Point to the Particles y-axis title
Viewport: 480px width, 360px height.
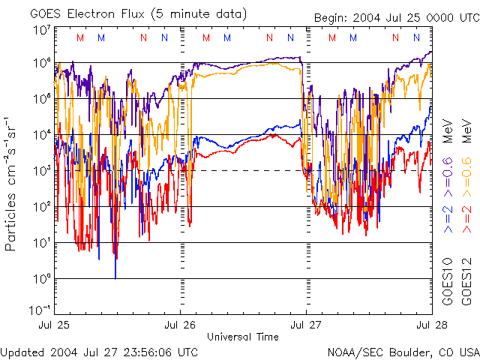pyautogui.click(x=11, y=184)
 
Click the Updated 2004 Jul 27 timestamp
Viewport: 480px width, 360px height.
pyautogui.click(x=100, y=351)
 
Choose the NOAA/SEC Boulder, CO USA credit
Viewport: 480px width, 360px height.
pyautogui.click(x=403, y=351)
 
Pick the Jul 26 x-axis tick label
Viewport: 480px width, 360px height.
pyautogui.click(x=180, y=325)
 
